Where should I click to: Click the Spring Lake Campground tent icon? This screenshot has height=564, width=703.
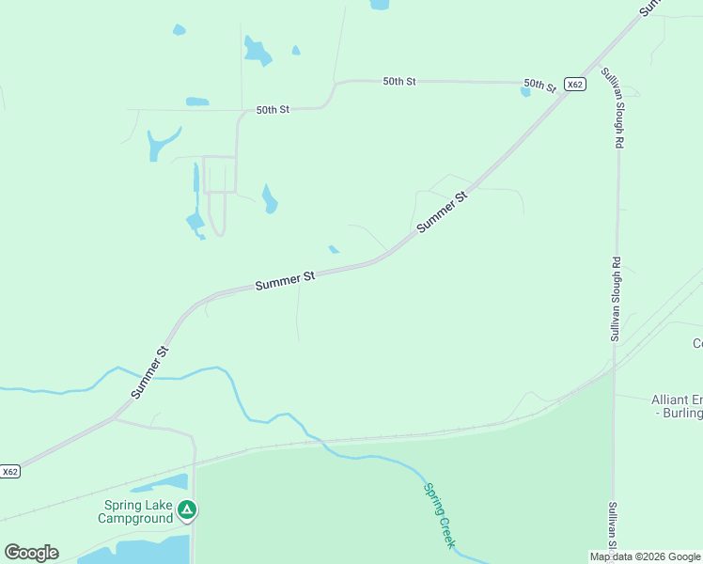[187, 510]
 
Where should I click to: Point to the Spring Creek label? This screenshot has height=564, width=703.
[440, 515]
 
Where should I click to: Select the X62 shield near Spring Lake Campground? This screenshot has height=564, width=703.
[9, 471]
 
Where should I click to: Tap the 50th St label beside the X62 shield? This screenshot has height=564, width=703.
[539, 85]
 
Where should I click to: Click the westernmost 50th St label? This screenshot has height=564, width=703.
[273, 110]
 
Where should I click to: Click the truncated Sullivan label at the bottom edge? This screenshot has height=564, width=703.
[612, 526]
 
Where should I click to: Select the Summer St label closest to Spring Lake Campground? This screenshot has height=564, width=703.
[149, 372]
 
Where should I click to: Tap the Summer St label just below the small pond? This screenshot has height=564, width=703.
[284, 280]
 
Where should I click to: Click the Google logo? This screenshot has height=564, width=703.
[31, 552]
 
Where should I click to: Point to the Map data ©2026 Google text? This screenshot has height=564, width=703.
[645, 556]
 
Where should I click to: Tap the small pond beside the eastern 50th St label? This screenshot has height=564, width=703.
[524, 91]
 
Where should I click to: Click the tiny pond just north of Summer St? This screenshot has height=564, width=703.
[334, 249]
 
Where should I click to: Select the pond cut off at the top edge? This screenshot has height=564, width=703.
[380, 4]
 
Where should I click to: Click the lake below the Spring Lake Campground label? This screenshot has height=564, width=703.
[141, 550]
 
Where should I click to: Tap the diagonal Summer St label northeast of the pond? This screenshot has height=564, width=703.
[442, 212]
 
